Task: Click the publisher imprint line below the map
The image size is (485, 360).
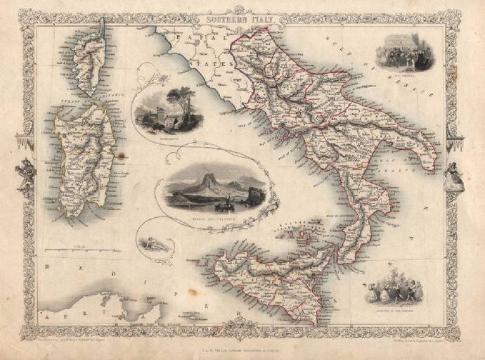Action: point(242,342)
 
